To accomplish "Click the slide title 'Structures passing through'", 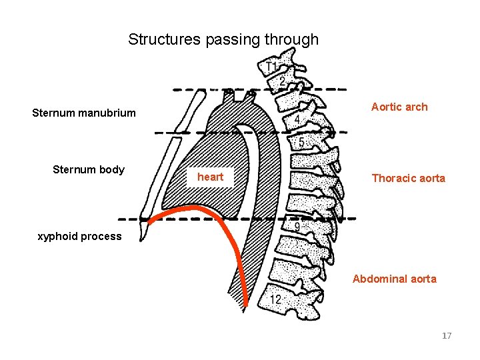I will click(223, 39).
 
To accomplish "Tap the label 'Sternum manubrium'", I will click(84, 113).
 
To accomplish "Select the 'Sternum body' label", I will click(89, 169).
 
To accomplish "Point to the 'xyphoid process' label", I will click(80, 236).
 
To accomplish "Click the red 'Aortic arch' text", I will click(399, 107).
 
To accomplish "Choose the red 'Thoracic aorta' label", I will click(408, 178).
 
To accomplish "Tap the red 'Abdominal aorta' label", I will click(394, 279).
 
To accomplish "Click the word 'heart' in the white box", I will click(211, 177).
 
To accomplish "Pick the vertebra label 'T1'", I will click(271, 68).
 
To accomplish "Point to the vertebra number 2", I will click(283, 81).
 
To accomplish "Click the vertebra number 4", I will click(297, 120).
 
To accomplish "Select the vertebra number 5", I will click(301, 143).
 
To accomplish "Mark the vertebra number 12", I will click(275, 300).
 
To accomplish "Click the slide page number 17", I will click(447, 335).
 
